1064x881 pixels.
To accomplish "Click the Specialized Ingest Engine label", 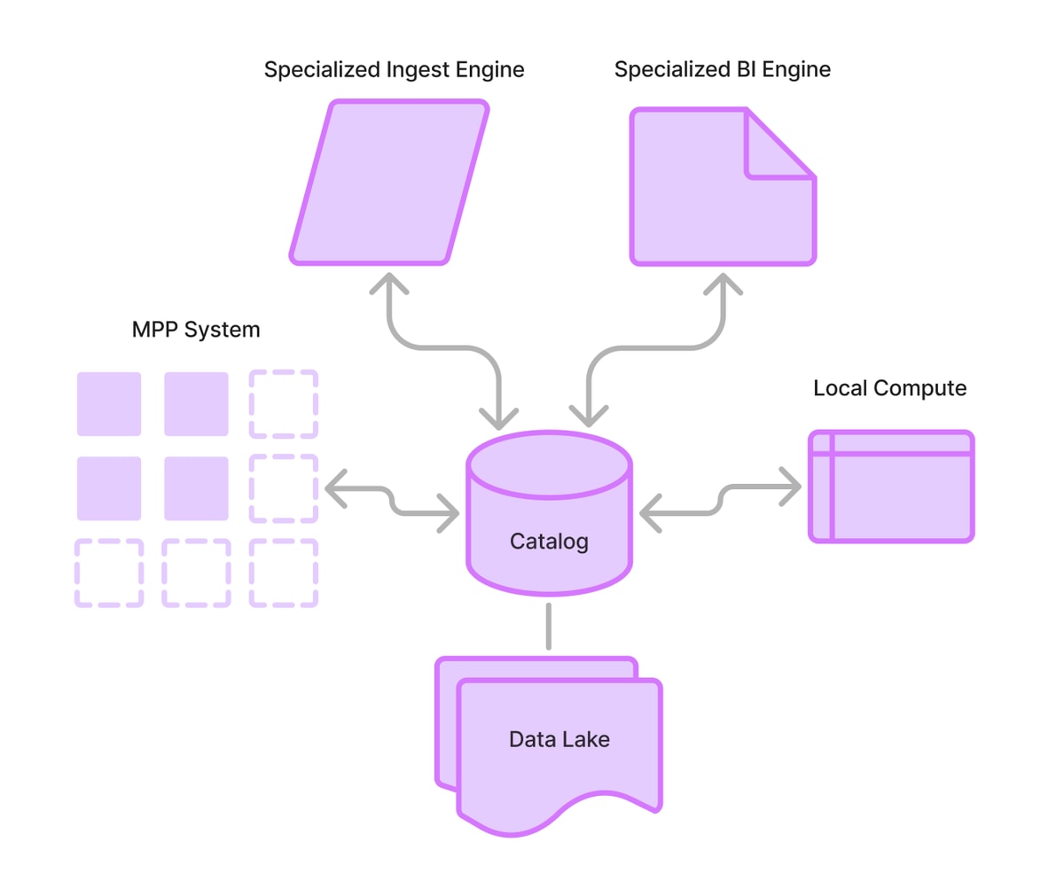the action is point(394,70).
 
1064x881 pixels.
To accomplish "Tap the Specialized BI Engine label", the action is point(722,70).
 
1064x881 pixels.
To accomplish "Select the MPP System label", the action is point(196,331).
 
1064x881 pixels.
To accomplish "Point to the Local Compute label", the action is point(889,388).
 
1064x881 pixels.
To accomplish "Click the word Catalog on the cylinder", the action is point(549,542).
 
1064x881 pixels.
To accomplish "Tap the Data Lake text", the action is point(559,739).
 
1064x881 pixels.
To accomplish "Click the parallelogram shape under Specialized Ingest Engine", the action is point(389,182).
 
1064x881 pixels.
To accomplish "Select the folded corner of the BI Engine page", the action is point(779,144).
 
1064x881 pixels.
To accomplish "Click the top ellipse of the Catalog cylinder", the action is point(550,464).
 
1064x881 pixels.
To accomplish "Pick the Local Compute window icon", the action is point(891,487).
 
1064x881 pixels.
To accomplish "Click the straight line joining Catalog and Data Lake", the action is point(548,627).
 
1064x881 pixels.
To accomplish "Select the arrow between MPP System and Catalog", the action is point(392,502).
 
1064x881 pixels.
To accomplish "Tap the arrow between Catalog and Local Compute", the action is point(720,500).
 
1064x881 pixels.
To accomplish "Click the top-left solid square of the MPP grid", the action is point(109,404).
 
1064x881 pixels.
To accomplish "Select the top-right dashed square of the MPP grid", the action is point(284,404).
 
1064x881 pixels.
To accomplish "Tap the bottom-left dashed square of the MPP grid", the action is point(109,573).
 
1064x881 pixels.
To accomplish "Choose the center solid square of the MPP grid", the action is point(196,488).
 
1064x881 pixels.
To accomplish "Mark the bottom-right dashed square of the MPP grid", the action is point(284,573).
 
